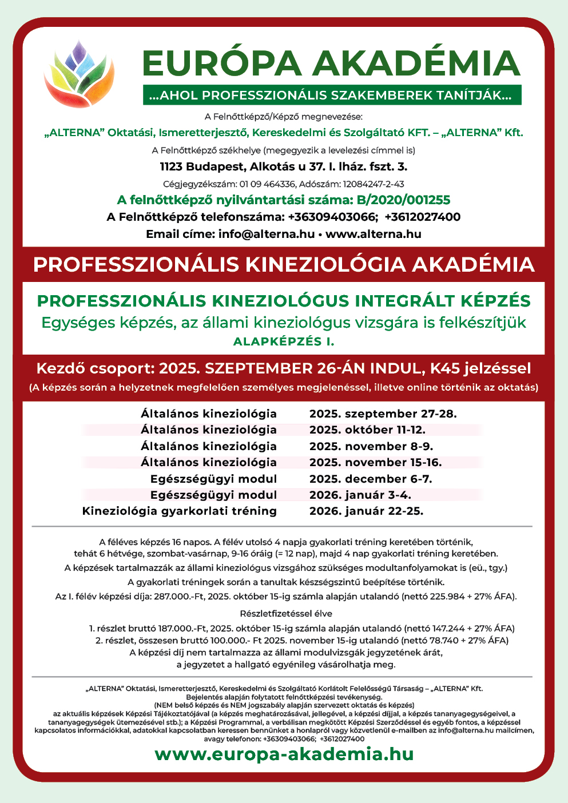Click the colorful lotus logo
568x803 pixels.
click(79, 73)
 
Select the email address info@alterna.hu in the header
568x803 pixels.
click(267, 234)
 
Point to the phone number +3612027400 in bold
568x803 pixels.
click(422, 217)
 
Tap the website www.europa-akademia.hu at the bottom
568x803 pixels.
click(284, 754)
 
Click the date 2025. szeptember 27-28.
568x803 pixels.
click(383, 414)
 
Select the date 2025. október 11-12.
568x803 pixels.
click(367, 430)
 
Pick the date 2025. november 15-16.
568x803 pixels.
click(375, 462)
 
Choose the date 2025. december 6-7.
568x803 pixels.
click(371, 479)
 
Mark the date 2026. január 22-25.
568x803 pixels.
click(366, 511)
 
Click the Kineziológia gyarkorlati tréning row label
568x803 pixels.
click(179, 511)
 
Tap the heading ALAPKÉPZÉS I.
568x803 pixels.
click(284, 341)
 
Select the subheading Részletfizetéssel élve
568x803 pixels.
click(286, 614)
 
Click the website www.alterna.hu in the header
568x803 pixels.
click(373, 234)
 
